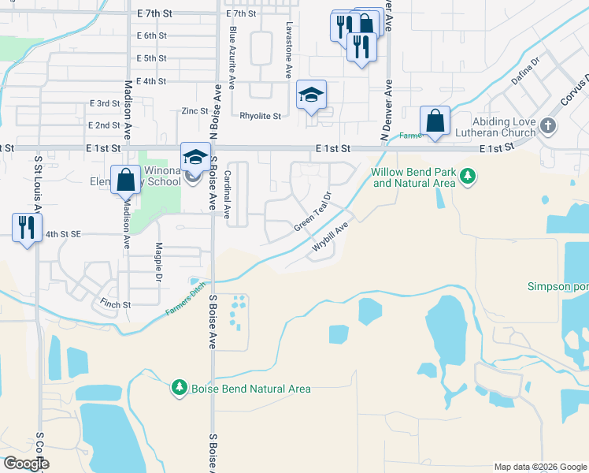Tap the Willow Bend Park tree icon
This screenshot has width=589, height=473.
coord(469,175)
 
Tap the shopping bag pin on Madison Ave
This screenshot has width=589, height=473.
coord(125,180)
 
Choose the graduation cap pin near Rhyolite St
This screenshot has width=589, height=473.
coord(311,96)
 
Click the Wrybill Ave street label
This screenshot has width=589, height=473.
coord(330,237)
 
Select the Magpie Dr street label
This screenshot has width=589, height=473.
coord(157,259)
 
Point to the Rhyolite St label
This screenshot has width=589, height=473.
coord(260,116)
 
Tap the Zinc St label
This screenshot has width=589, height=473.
coord(194,111)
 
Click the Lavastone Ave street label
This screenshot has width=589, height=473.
coord(289,50)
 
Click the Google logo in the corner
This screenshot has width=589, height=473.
coord(26,464)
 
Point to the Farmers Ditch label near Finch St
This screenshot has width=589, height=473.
coord(186,299)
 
